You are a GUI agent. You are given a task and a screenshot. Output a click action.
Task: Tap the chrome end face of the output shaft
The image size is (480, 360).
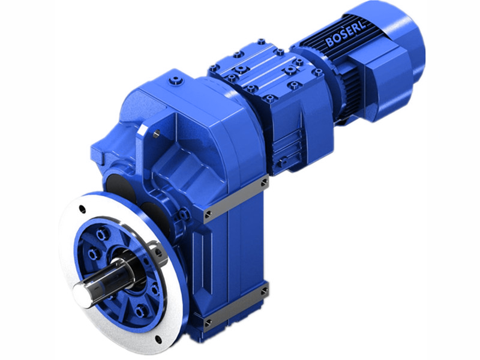pyautogui.click(x=84, y=293)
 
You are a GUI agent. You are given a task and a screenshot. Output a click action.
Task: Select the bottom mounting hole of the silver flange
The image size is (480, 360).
pyautogui.click(x=158, y=338)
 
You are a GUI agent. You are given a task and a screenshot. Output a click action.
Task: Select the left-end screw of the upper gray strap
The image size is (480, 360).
pyautogui.click(x=208, y=214)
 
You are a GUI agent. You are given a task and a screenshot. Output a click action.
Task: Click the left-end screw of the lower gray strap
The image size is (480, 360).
pyautogui.click(x=207, y=323)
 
